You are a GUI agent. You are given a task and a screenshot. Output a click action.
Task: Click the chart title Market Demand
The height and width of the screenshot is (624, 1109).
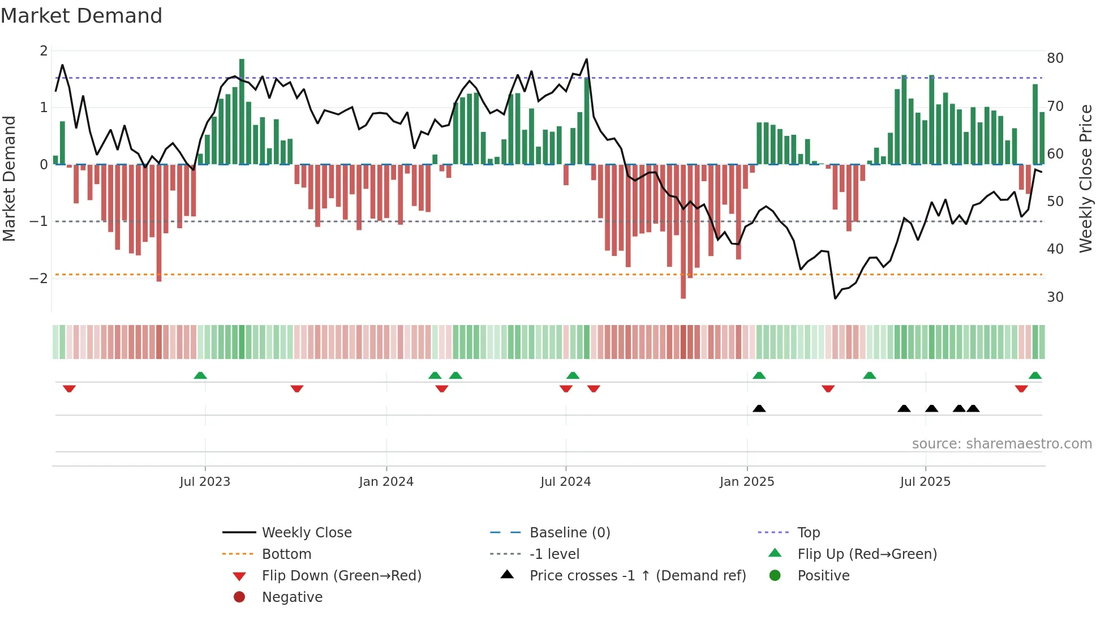pos(81,16)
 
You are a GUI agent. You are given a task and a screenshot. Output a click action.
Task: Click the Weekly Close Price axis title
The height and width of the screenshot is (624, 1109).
pos(1085,178)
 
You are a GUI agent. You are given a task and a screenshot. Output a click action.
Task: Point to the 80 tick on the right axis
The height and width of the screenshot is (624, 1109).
pos(1055,58)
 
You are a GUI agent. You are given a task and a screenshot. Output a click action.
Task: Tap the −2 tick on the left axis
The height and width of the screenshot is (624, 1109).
pos(39,278)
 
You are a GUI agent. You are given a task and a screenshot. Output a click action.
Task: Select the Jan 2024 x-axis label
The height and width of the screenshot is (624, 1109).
pos(386,482)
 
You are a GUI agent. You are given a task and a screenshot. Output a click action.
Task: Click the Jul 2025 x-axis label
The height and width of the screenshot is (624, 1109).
pos(925,482)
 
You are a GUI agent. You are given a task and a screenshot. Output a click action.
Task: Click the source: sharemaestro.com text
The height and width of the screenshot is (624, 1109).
pos(1001,444)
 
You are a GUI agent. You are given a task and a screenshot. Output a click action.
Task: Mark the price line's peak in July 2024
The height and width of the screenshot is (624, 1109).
pos(587,59)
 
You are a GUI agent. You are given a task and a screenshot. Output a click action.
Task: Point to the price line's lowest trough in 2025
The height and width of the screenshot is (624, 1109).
pos(835,298)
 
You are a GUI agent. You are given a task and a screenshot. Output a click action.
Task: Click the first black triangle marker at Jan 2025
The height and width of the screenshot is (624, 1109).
pos(759,408)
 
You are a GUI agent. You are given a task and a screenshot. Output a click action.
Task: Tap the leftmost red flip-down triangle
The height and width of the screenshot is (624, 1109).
pos(69,389)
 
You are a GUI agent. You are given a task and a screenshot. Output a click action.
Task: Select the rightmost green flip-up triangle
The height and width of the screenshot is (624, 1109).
pos(1035,375)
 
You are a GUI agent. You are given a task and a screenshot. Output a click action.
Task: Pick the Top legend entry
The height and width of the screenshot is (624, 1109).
pos(808,533)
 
